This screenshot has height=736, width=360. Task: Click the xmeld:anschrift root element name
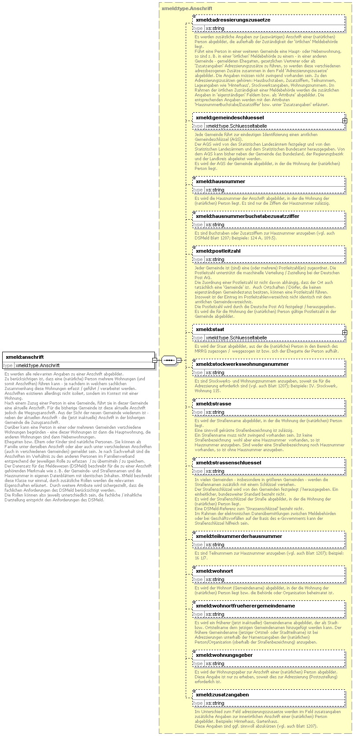tap(25, 357)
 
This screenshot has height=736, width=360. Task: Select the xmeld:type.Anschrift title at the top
tap(187, 8)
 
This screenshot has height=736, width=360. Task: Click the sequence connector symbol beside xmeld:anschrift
tap(169, 361)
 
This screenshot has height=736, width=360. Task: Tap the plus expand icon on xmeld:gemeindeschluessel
tap(345, 121)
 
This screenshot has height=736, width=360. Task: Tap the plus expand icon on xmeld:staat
tap(345, 332)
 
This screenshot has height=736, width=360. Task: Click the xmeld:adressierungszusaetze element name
tap(233, 20)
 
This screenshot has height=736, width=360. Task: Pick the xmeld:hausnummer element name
tap(220, 181)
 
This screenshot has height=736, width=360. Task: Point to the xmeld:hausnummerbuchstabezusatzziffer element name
tap(247, 216)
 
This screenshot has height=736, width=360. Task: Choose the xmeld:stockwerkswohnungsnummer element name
tap(242, 364)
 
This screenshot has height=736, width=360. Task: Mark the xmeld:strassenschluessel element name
tap(228, 463)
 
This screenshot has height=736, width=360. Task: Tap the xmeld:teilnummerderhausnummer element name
tap(239, 536)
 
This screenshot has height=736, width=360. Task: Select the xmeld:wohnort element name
tap(214, 571)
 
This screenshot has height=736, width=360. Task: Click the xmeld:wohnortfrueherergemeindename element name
tap(245, 606)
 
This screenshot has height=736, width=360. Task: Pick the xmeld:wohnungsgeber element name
tap(224, 655)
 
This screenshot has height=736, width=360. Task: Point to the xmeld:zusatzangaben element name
tap(222, 695)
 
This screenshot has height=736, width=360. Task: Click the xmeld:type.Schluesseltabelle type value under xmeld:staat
tap(236, 338)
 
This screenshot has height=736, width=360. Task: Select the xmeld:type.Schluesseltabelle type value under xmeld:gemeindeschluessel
tap(236, 126)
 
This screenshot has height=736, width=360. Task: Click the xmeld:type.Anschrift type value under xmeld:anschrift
tap(37, 365)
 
